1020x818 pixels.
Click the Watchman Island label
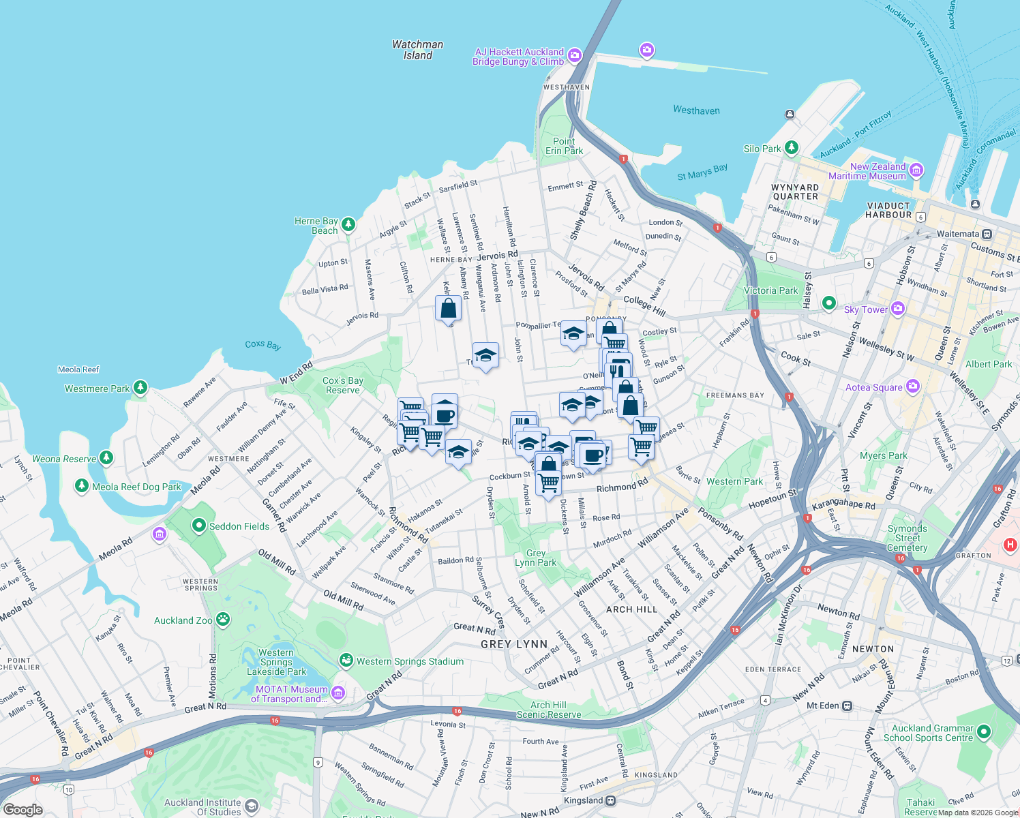pyautogui.click(x=417, y=50)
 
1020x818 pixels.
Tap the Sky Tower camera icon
pyautogui.click(x=898, y=309)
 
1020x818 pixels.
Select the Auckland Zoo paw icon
pyautogui.click(x=223, y=620)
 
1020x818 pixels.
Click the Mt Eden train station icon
pyautogui.click(x=847, y=706)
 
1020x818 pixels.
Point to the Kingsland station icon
pyautogui.click(x=611, y=800)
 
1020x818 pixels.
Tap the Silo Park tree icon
pyautogui.click(x=791, y=147)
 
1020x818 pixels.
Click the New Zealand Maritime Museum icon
pyautogui.click(x=916, y=170)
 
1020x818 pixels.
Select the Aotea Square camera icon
pyautogui.click(x=913, y=387)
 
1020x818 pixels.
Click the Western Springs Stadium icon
pyautogui.click(x=346, y=661)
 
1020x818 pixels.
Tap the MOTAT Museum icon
pyautogui.click(x=338, y=693)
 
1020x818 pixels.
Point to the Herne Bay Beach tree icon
pyautogui.click(x=348, y=224)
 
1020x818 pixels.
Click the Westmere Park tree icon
pyautogui.click(x=140, y=388)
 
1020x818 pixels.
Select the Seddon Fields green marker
pyautogui.click(x=198, y=526)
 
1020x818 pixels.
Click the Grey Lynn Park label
pyautogui.click(x=536, y=558)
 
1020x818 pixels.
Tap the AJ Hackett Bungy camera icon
pyautogui.click(x=575, y=55)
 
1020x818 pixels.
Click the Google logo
pyautogui.click(x=23, y=809)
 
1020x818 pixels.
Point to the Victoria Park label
pyautogui.click(x=770, y=290)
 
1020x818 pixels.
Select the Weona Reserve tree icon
pyautogui.click(x=106, y=457)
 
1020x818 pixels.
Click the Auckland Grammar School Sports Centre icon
pyautogui.click(x=983, y=732)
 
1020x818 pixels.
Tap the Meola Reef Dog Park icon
pyautogui.click(x=82, y=486)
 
